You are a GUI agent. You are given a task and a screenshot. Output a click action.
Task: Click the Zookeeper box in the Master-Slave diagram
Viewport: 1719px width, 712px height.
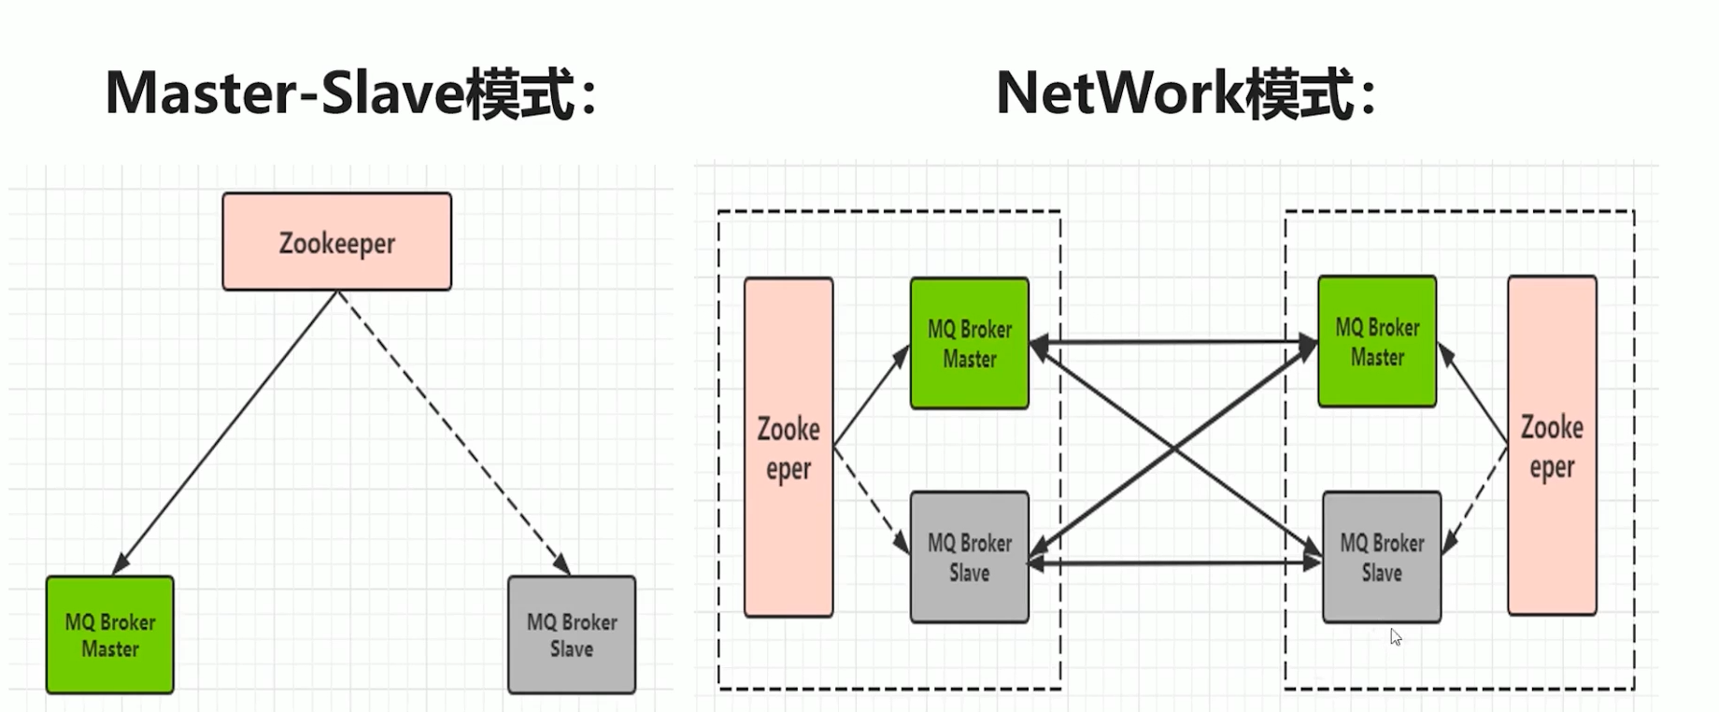(x=336, y=242)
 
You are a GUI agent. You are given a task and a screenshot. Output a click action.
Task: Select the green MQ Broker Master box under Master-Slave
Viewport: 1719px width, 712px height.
(x=110, y=634)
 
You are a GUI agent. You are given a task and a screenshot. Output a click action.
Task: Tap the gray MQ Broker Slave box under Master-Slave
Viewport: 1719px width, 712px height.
(x=572, y=634)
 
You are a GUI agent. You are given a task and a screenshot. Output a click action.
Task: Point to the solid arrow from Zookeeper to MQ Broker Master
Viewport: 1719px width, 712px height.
(x=225, y=433)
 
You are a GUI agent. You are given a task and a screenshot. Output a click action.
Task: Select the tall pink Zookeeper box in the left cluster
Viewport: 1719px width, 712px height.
(x=788, y=448)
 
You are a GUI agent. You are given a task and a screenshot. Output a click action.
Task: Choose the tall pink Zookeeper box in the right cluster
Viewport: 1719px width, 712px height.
(x=1552, y=446)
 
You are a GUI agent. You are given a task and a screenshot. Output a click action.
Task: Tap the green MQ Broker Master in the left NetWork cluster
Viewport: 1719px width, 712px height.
(x=970, y=343)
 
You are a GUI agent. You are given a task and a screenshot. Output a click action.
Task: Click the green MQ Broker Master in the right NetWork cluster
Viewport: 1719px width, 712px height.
(x=1377, y=341)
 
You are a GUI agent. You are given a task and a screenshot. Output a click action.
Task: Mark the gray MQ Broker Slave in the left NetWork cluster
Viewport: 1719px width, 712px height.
(x=970, y=557)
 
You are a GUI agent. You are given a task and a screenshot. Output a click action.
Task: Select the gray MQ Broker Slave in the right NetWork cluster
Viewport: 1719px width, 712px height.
(x=1382, y=557)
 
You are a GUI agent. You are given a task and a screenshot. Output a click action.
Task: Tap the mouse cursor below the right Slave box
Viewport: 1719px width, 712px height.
(x=1395, y=636)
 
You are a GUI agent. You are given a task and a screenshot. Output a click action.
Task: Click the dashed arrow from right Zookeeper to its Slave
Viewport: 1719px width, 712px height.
(x=1475, y=499)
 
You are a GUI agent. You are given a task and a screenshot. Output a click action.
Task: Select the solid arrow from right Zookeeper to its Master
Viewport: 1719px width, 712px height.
(x=1473, y=393)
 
